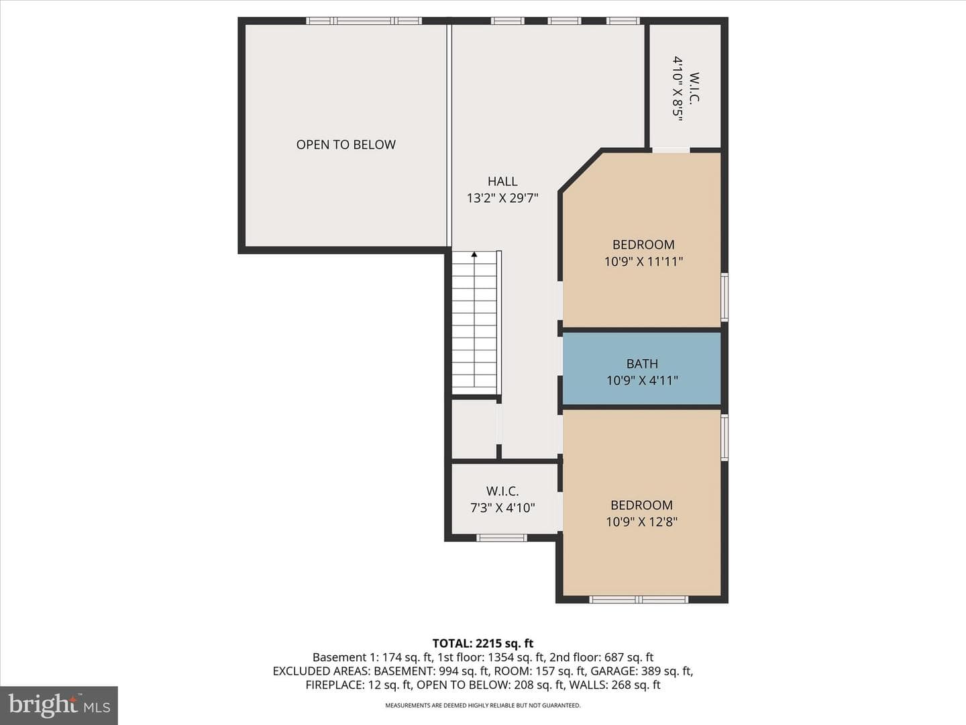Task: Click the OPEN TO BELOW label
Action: [x=346, y=144]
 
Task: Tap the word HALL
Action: [x=502, y=181]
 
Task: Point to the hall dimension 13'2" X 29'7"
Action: [x=502, y=198]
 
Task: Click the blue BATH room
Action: [x=642, y=368]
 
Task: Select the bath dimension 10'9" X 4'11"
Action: [x=642, y=381]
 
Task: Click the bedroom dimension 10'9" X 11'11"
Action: [x=643, y=262]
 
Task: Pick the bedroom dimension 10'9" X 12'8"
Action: [x=642, y=522]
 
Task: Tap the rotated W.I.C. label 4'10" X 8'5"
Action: [x=686, y=88]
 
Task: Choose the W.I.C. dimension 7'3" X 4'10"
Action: [x=502, y=508]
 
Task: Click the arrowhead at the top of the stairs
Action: [x=474, y=254]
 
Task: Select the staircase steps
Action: [x=474, y=323]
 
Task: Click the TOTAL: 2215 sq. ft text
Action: [x=483, y=643]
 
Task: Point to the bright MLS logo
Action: [x=59, y=705]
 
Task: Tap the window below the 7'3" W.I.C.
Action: [x=502, y=538]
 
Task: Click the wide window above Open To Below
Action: [x=364, y=21]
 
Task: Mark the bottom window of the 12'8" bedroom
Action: [x=639, y=599]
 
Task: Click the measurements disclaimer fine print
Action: [x=483, y=705]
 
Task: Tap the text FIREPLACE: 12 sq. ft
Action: [x=358, y=685]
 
